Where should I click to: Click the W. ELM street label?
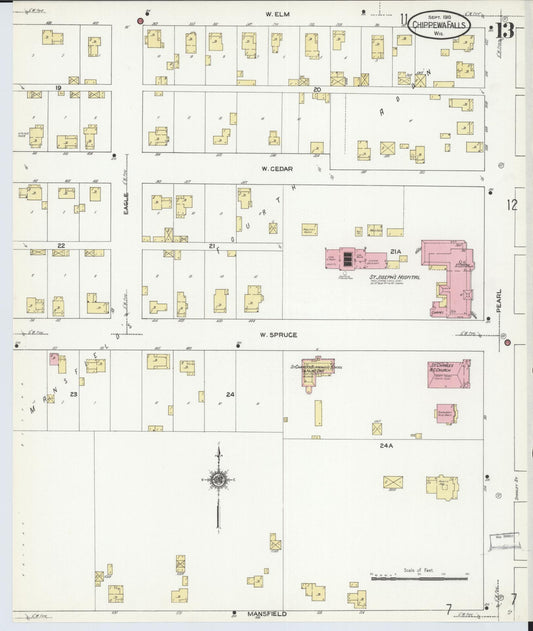click(x=276, y=14)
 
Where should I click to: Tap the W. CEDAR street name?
click(x=276, y=169)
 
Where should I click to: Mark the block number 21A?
click(x=396, y=252)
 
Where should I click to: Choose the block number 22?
click(x=61, y=245)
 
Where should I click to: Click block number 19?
click(x=59, y=88)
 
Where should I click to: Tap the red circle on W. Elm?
click(x=141, y=20)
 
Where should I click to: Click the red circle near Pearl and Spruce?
click(x=507, y=344)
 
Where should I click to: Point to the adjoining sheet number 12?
click(x=511, y=206)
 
